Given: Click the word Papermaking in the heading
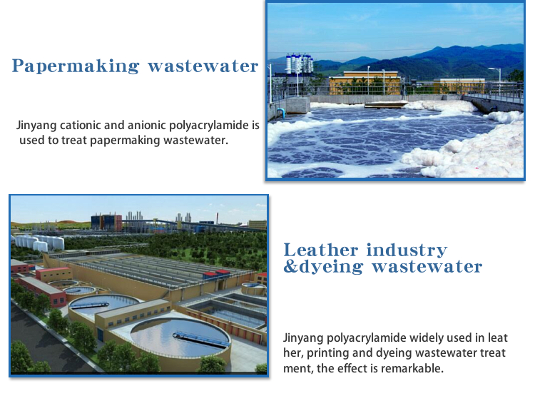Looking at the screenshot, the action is (x=76, y=66).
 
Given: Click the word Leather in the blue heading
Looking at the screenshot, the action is (x=320, y=250).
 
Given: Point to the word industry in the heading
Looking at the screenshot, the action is (x=407, y=250).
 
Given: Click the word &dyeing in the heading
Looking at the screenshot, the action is (x=323, y=267).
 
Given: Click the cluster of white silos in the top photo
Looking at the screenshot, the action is (x=299, y=64).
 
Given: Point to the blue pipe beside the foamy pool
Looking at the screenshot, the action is (x=280, y=112).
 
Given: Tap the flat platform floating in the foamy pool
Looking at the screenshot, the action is (x=386, y=103).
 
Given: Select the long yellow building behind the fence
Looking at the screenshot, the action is (x=365, y=83).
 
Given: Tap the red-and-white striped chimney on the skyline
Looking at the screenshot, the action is (x=218, y=218).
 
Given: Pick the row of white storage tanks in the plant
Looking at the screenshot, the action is (x=39, y=242).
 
